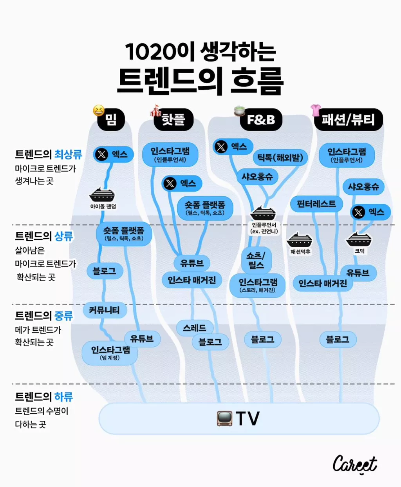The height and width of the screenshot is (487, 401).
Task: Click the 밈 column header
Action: [x=111, y=119]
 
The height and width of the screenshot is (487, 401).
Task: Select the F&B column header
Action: [x=261, y=119]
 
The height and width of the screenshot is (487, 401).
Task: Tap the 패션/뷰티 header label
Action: [x=348, y=119]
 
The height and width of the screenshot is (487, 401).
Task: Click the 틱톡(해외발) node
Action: [x=280, y=158]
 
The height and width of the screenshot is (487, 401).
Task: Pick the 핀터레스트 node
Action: [x=316, y=204]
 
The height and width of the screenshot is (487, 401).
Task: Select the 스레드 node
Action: [x=195, y=328]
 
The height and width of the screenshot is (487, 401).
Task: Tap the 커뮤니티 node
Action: [x=104, y=310]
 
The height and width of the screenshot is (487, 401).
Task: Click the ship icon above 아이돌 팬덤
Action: [x=103, y=194]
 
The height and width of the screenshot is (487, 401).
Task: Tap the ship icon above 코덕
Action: [x=359, y=239]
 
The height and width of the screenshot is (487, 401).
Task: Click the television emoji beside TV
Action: [x=225, y=418]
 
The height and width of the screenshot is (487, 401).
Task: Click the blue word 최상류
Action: [x=68, y=154]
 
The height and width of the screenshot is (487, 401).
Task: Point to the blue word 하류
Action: [x=63, y=397]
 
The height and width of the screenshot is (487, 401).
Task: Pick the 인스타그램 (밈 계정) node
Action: [x=110, y=353]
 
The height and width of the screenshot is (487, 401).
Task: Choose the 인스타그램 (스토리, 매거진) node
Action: [x=258, y=285]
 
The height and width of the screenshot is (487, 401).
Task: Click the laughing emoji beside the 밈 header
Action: [x=99, y=110]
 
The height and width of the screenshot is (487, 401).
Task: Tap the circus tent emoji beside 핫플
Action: [x=155, y=111]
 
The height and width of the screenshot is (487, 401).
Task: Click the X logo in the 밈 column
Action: [x=102, y=154]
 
